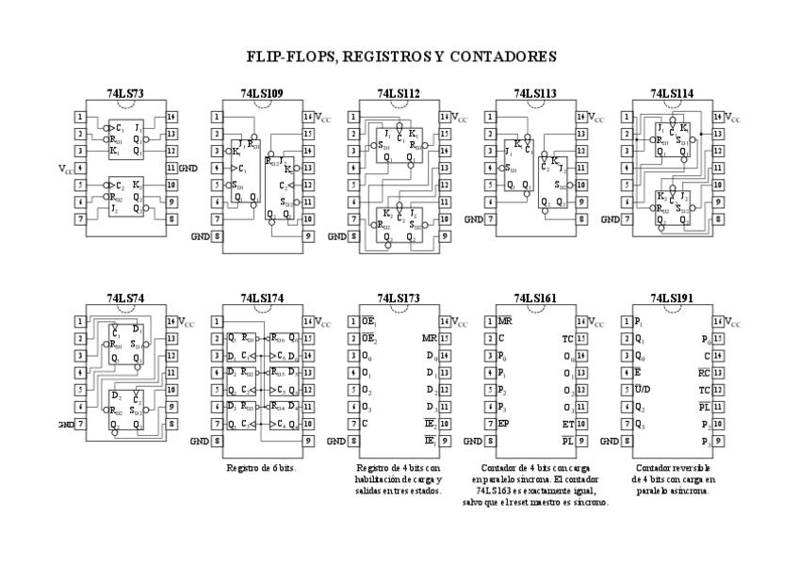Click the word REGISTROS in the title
pos(387,57)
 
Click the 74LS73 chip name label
pos(125,94)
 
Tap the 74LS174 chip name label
pos(262,298)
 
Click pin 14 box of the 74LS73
pos(171,117)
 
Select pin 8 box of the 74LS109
pos(218,236)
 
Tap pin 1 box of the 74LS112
pos(353,117)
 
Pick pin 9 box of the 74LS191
pos(718,441)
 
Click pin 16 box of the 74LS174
pos(307,322)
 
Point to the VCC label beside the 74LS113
pos(595,119)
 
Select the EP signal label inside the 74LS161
pos(504,424)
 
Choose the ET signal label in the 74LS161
pos(568,424)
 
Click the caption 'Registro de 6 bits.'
pos(261,467)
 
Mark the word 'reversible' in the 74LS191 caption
pos(692,467)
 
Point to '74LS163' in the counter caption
pos(496,491)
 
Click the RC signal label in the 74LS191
pos(704,373)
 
